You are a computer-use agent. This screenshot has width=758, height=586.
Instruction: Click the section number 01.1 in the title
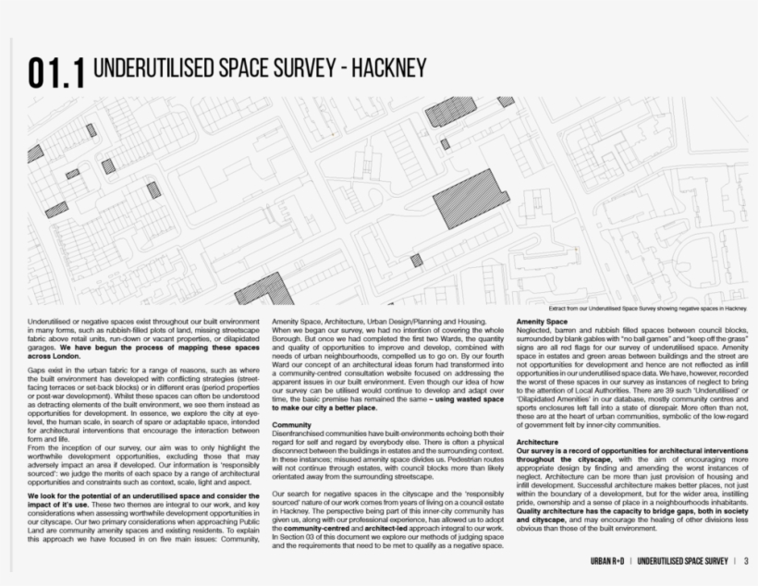(x=56, y=73)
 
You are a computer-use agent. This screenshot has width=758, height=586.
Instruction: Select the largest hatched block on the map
(x=471, y=196)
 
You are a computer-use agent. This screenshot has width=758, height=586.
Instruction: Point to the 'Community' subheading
(x=291, y=425)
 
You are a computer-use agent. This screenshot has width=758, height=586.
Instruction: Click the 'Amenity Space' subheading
(x=543, y=322)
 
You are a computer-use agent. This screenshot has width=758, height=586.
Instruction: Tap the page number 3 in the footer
(x=745, y=561)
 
